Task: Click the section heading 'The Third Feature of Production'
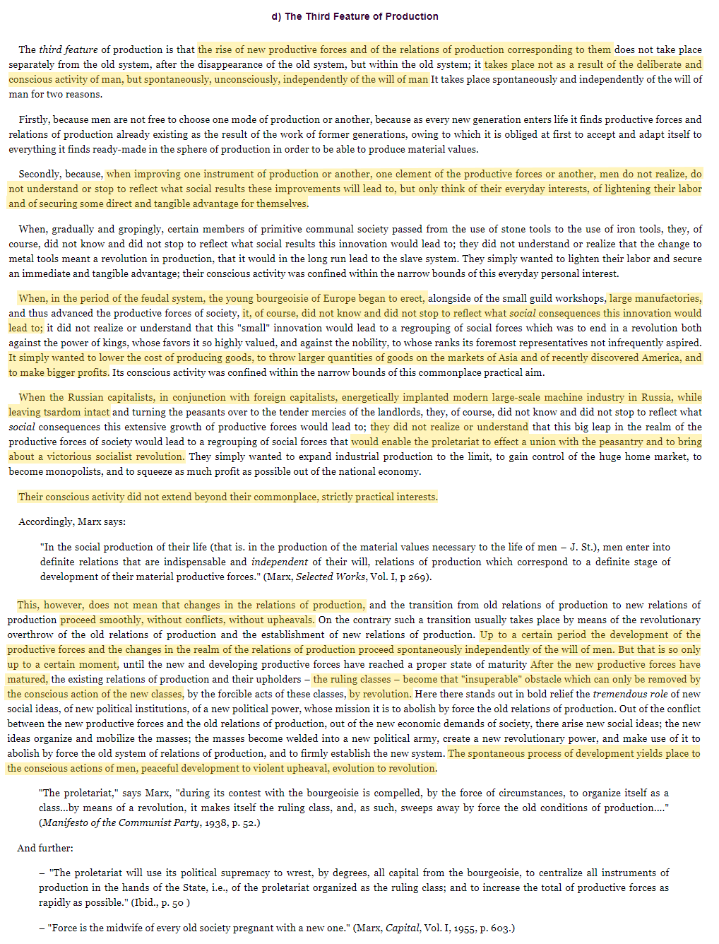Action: point(361,16)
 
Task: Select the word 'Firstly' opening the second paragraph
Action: point(33,119)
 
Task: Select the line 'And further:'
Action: point(45,848)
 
